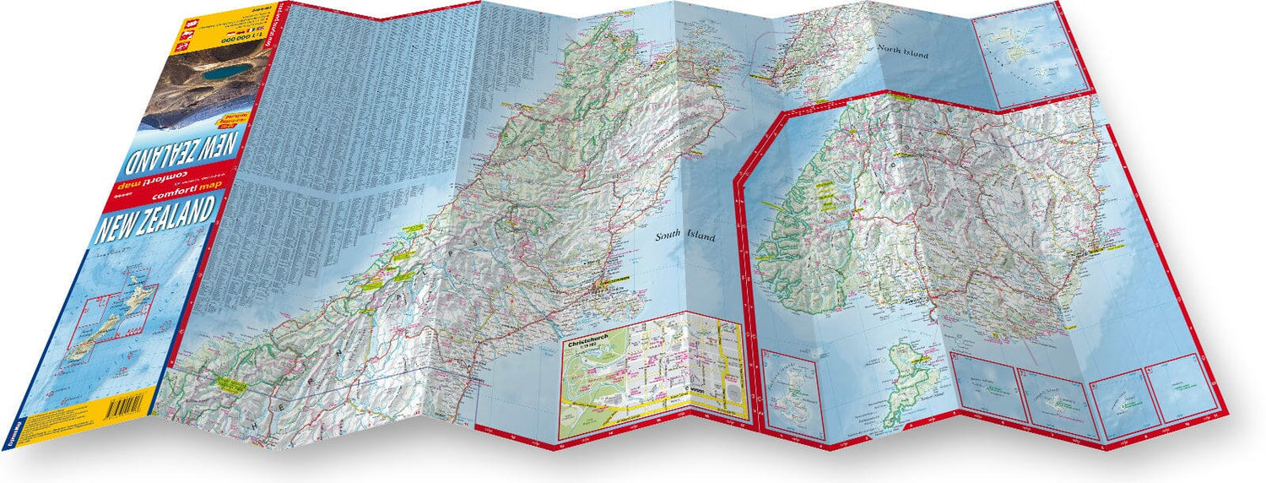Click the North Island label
pyautogui.click(x=902, y=54)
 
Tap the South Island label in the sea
pyautogui.click(x=685, y=238)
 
